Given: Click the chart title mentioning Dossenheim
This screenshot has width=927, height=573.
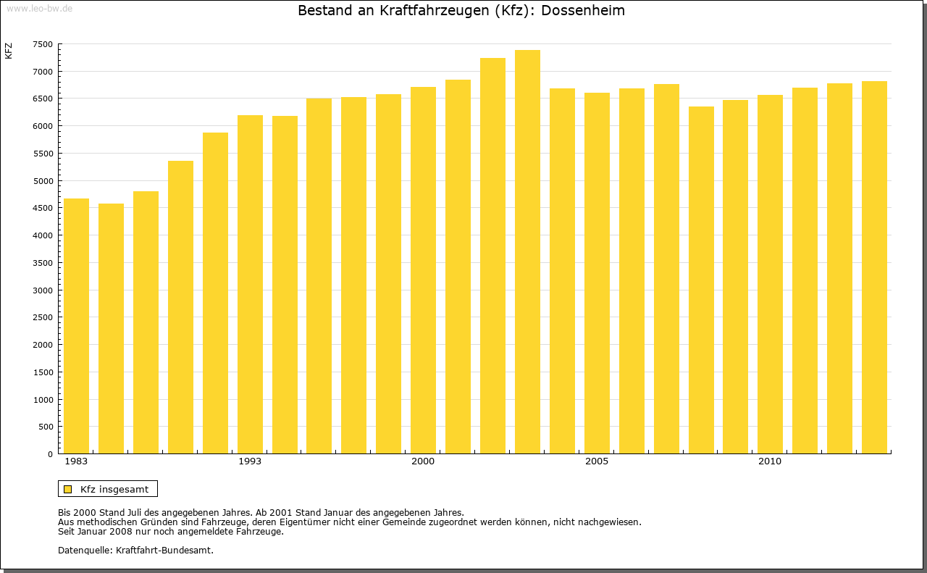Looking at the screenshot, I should [461, 11].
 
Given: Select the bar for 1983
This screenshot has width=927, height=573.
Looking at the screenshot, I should [76, 326].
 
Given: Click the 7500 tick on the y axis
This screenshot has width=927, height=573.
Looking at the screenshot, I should [43, 44].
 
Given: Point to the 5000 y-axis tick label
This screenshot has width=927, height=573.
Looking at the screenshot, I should [43, 181].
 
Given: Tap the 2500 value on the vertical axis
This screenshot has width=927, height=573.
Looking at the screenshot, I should [43, 317].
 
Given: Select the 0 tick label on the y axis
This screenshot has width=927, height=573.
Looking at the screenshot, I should [49, 454].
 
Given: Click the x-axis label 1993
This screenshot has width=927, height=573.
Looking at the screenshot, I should [250, 461].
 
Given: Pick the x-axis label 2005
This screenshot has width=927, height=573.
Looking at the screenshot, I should [597, 461].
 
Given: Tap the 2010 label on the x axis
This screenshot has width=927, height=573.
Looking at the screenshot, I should [770, 461].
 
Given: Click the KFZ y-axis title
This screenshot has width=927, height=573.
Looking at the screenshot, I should [9, 51].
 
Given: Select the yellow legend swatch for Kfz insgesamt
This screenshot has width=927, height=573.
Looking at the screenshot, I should [67, 489].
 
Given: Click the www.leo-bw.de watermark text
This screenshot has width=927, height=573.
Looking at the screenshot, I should [38, 7].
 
